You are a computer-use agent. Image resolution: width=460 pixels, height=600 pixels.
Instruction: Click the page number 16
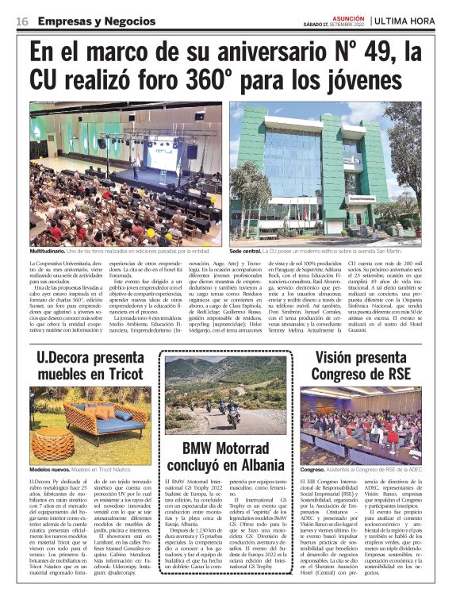22,21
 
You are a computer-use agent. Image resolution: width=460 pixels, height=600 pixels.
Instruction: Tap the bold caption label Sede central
247,251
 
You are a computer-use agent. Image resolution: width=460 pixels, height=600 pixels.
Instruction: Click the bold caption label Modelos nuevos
49,470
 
